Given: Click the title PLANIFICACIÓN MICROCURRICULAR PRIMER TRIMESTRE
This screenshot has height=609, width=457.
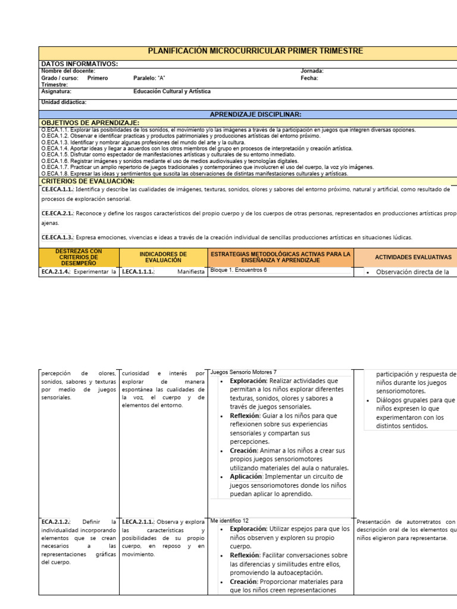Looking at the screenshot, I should click(x=255, y=51).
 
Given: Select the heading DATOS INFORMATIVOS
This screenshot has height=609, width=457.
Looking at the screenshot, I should click(x=79, y=64).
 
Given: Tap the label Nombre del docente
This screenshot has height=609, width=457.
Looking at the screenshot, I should click(x=68, y=71).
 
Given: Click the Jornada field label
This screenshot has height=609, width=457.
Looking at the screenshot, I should click(x=312, y=71).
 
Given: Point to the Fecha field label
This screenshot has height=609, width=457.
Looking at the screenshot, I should click(x=309, y=78).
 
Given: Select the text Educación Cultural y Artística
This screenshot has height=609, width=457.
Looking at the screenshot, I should click(x=172, y=92).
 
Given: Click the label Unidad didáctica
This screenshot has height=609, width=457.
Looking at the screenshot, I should click(x=64, y=102).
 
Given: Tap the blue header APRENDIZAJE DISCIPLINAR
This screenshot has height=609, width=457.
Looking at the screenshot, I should click(x=255, y=114).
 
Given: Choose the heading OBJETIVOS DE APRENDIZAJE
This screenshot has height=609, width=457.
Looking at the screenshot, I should click(x=90, y=122).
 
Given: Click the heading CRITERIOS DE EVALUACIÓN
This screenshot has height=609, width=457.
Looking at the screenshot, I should click(x=87, y=181).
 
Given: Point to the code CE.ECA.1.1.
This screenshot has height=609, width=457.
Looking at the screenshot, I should click(x=57, y=189).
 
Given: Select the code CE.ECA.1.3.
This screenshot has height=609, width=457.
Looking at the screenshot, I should click(x=57, y=237).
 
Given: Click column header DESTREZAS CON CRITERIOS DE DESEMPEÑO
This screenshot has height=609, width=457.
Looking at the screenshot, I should click(x=79, y=258).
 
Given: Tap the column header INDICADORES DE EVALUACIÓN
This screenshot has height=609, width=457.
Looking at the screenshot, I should click(x=162, y=258).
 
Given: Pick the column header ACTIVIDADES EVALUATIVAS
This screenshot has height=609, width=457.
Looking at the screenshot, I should click(x=413, y=257).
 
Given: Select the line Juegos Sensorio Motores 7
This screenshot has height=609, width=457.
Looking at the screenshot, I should click(x=243, y=372).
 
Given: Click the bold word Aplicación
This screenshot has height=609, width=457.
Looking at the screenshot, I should click(x=246, y=476).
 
